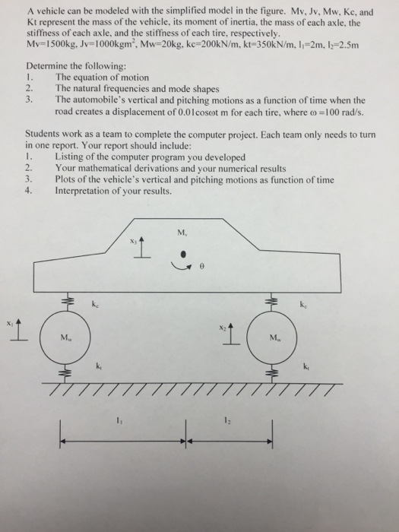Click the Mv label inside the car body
tap(182, 233)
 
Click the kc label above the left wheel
tap(97, 305)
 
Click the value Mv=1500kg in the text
tap(48, 44)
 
